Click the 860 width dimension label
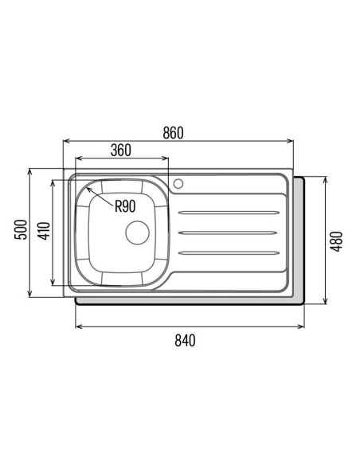coord(173,132)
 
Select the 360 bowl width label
coord(121,150)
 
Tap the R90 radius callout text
coord(125,206)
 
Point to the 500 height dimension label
coord(21,229)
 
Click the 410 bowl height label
coord(45,231)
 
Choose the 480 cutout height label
coord(337,242)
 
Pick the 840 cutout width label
coord(185,340)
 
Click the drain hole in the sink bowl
coord(137,232)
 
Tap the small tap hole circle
coord(178,184)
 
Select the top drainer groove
coord(229,213)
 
